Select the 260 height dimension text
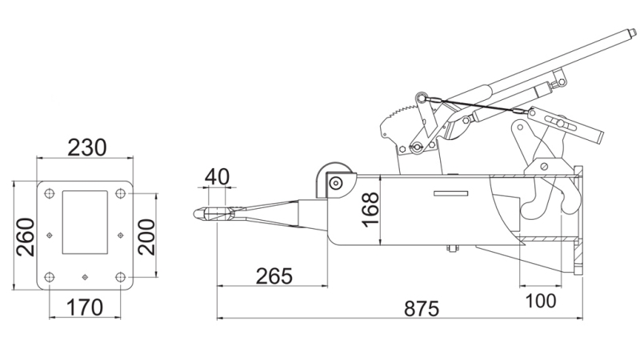[25, 236]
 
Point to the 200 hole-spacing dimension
[146, 235]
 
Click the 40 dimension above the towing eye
[218, 176]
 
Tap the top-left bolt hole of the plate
[50, 193]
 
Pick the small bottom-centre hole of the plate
[85, 277]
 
